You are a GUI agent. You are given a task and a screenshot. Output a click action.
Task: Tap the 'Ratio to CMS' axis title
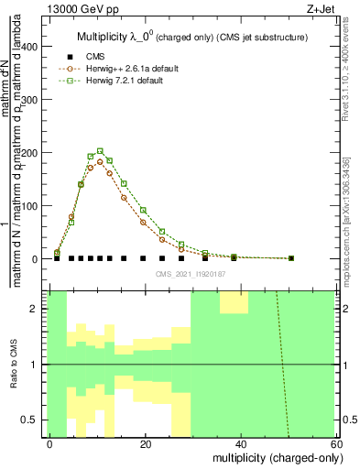point(14,365)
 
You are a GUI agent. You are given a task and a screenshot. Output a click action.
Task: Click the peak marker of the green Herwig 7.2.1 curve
point(100,151)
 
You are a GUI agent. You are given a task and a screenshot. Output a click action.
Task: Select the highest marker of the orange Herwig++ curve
point(100,161)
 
